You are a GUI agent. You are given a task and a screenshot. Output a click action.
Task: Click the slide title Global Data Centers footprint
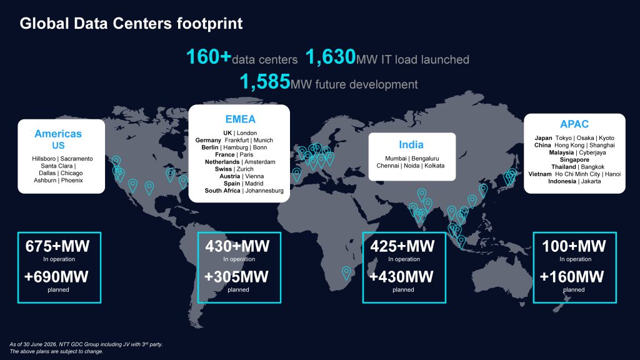click(131, 24)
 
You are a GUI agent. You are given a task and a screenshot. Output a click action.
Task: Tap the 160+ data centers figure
click(209, 57)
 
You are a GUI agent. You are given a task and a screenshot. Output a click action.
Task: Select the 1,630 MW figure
click(331, 57)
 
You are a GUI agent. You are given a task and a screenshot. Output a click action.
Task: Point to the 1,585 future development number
click(265, 82)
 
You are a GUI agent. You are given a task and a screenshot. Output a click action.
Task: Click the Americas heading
click(58, 134)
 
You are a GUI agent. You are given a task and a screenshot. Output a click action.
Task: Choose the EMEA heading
click(241, 119)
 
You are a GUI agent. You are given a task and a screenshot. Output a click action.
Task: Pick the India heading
click(411, 144)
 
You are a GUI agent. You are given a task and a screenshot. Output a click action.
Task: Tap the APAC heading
click(574, 124)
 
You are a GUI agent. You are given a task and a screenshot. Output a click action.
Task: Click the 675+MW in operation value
click(57, 246)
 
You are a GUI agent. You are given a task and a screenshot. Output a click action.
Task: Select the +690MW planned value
click(56, 277)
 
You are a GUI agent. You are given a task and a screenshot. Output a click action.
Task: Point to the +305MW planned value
click(236, 277)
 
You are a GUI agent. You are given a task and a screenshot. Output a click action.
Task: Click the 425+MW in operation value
click(402, 246)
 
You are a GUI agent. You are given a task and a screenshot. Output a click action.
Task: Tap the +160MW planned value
click(572, 277)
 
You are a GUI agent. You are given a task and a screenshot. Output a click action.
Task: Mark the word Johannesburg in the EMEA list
click(264, 191)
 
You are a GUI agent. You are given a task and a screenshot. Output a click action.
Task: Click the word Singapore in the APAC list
click(574, 159)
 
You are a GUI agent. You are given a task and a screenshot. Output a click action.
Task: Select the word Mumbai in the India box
click(396, 158)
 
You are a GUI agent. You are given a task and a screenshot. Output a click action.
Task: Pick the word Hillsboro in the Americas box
click(44, 158)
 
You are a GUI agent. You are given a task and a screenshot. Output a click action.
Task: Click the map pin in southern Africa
click(346, 272)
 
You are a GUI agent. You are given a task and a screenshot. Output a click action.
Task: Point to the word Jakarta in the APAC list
click(591, 181)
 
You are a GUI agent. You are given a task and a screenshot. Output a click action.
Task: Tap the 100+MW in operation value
click(574, 246)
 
